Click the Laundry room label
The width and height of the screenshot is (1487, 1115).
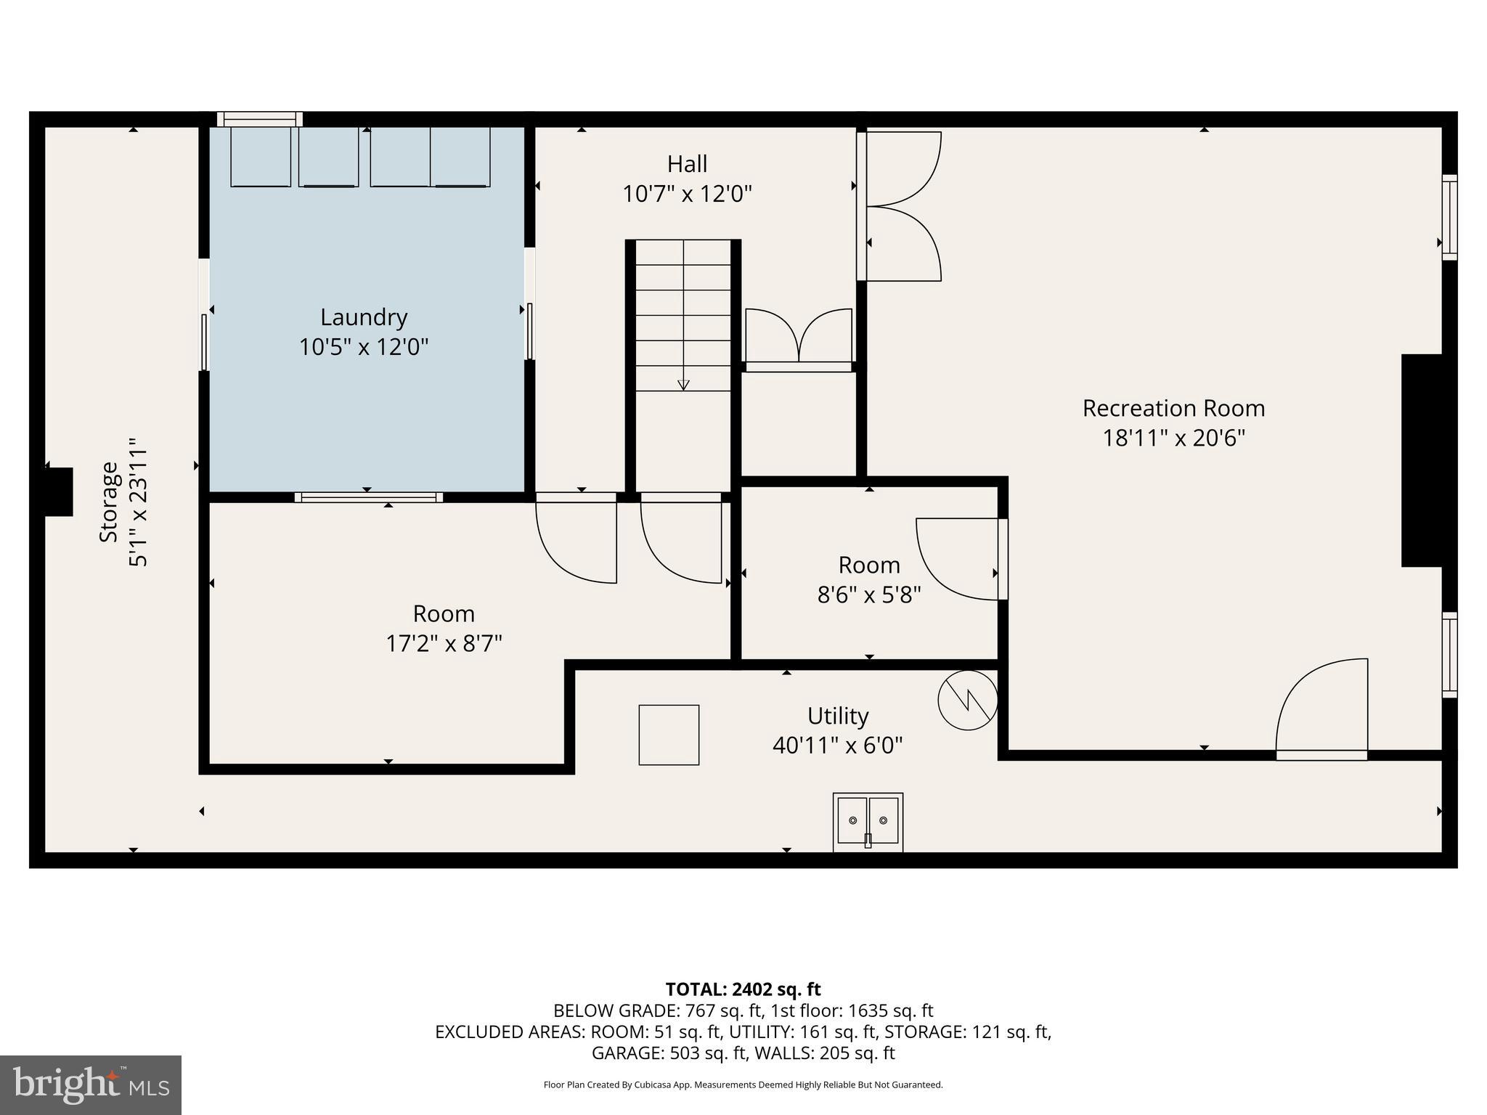[364, 317]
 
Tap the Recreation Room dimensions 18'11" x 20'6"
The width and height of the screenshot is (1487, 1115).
[1173, 438]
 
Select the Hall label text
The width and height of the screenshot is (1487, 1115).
[687, 164]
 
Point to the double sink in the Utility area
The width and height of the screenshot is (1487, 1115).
[868, 821]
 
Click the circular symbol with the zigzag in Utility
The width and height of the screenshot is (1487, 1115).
[967, 700]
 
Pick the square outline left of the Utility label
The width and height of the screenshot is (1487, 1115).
[669, 735]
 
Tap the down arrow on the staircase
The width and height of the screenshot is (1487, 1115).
[683, 384]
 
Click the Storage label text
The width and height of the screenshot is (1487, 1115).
[109, 502]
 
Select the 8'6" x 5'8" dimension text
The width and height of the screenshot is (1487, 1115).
[869, 595]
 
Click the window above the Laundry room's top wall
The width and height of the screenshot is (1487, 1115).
[259, 119]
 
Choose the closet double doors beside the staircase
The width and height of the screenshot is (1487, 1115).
[799, 338]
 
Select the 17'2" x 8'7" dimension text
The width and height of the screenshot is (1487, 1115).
[444, 644]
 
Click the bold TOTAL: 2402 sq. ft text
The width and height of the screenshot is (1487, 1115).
[743, 989]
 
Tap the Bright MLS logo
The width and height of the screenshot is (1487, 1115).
[91, 1085]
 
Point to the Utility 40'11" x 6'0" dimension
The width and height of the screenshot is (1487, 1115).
[837, 746]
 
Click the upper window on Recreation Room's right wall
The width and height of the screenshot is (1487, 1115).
[1449, 217]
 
